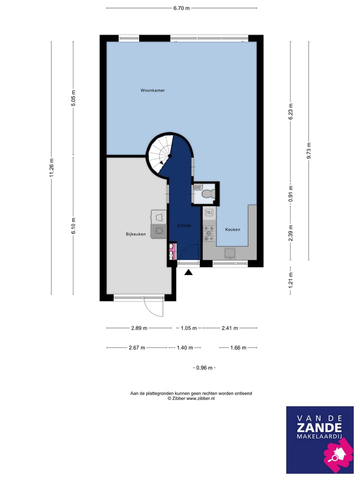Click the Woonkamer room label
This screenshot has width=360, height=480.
coord(152,90)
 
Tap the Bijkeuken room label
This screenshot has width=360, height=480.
coord(135,234)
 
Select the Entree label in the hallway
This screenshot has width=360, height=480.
coord(184,225)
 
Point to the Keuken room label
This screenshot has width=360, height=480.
coord(232,229)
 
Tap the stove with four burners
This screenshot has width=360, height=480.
coord(208,231)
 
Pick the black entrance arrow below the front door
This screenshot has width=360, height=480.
coord(188,272)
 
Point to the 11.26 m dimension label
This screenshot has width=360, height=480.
coord(51,167)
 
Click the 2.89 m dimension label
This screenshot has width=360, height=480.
coord(138,328)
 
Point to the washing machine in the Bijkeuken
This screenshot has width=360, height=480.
coord(159,231)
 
